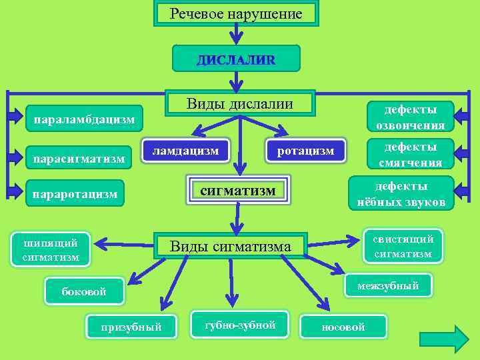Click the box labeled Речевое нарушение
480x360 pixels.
236,13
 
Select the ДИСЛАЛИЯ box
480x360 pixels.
235,59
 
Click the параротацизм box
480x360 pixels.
75,194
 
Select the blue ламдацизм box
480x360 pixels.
185,151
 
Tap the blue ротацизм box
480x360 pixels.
306,151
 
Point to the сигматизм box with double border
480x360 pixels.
238,191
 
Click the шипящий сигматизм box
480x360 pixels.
53,249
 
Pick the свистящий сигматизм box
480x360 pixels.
402,246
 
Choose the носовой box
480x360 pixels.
343,327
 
